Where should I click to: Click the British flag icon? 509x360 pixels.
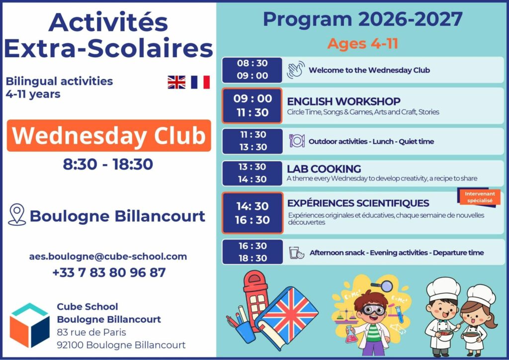176,82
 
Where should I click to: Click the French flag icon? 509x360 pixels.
200,82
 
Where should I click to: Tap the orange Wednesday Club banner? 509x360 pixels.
109,136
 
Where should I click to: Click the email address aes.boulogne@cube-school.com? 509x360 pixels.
108,257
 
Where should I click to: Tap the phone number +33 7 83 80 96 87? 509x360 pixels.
109,272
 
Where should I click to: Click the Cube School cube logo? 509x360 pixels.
29,325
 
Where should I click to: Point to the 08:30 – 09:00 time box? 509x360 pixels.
252,70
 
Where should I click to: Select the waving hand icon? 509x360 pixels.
295,70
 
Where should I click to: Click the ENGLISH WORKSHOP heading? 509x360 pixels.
343,101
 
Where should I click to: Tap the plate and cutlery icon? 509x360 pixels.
297,141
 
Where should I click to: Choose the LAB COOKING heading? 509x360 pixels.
324,169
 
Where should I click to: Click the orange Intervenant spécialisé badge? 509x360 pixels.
479,197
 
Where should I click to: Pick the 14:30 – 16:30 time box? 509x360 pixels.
252,213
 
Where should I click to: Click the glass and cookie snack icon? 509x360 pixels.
297,253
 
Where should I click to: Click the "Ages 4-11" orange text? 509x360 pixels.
363,44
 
